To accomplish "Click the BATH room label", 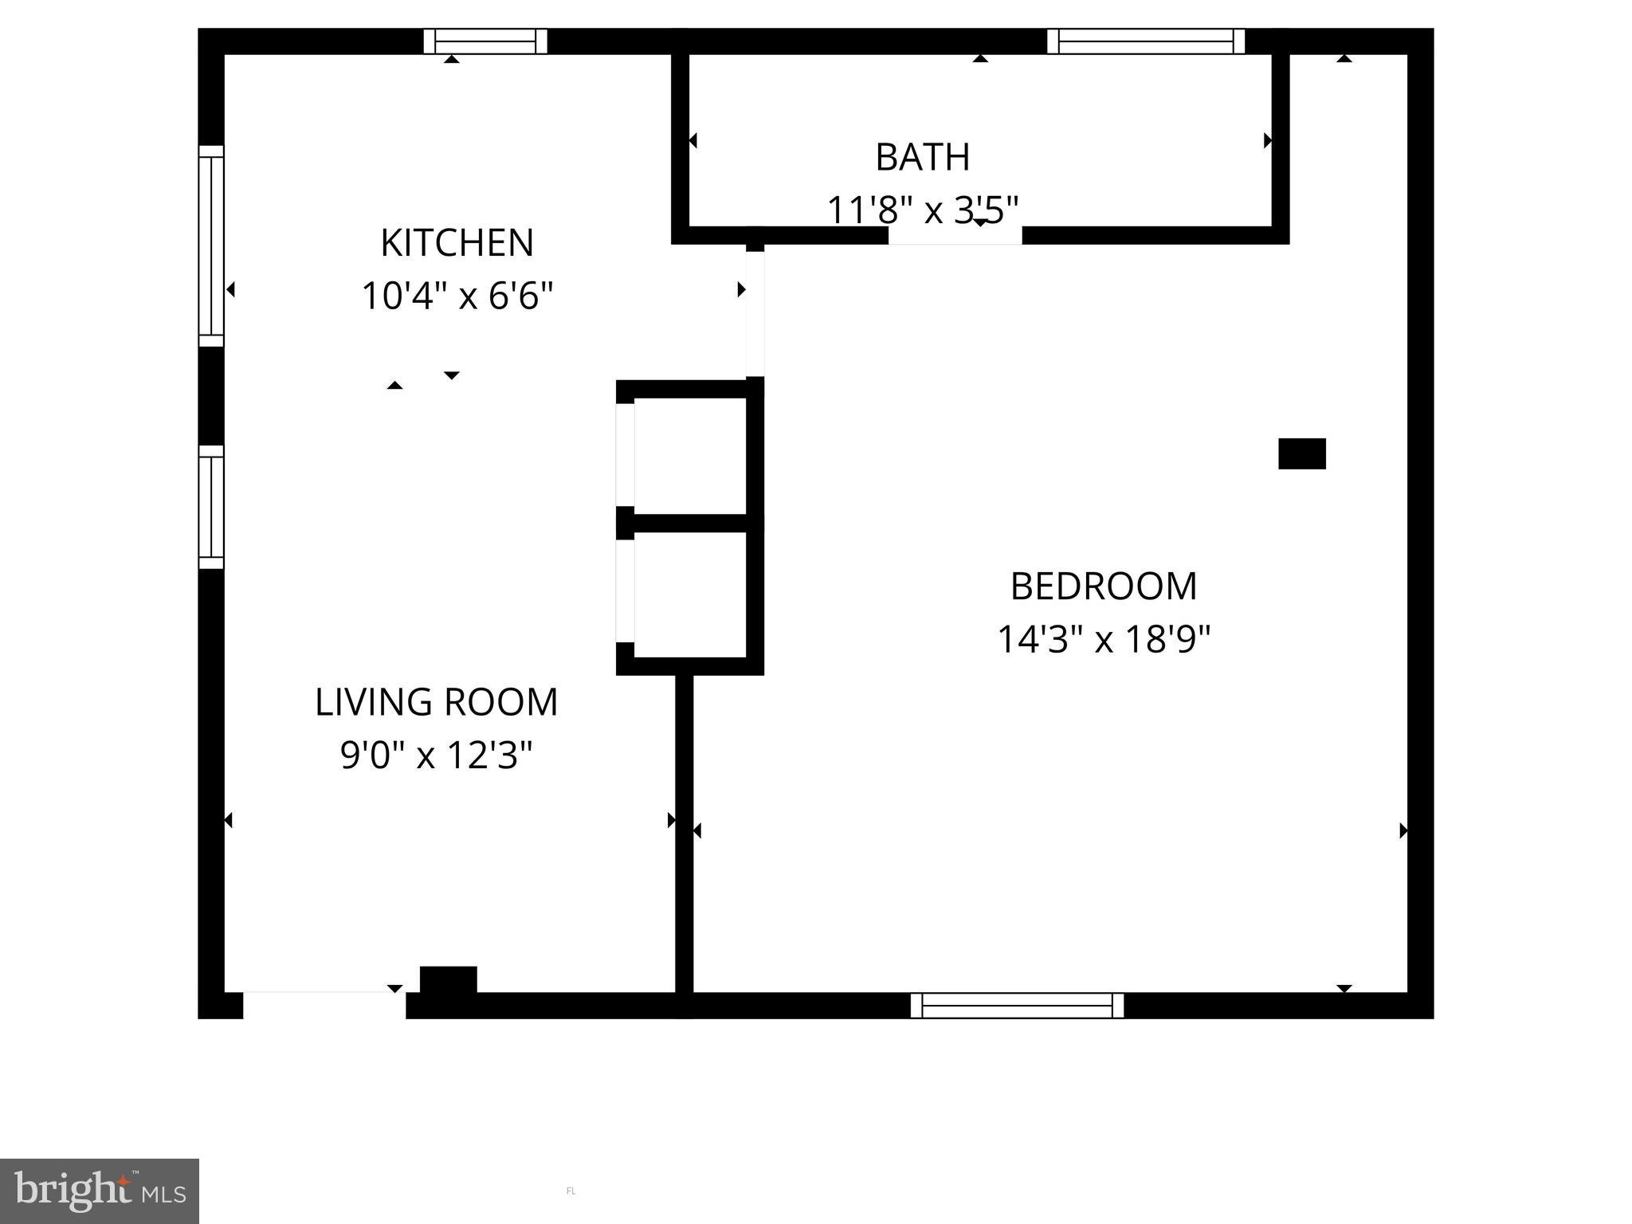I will click(x=922, y=157).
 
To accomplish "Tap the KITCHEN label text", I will click(x=457, y=243).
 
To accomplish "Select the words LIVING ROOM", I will click(x=436, y=702).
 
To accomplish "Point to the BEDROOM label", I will click(x=1104, y=586).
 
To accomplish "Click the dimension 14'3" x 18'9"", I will click(x=1104, y=639).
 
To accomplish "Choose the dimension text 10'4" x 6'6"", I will click(x=457, y=296).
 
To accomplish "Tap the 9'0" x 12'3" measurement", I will click(x=436, y=755).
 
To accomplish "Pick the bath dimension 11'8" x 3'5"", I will click(x=922, y=210).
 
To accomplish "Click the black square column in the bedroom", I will click(x=1301, y=453).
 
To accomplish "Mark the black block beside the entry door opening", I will click(x=448, y=979).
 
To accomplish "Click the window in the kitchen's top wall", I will click(x=484, y=41).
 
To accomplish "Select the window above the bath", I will click(x=1145, y=41).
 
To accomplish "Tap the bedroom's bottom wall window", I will click(x=1017, y=1006).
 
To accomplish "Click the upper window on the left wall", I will click(x=211, y=245).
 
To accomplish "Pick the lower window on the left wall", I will click(x=211, y=507).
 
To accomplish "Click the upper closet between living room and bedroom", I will click(x=690, y=456).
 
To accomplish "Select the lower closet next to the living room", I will click(x=690, y=594).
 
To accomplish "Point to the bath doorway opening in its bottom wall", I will click(x=955, y=236).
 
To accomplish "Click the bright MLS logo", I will click(x=99, y=1191).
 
